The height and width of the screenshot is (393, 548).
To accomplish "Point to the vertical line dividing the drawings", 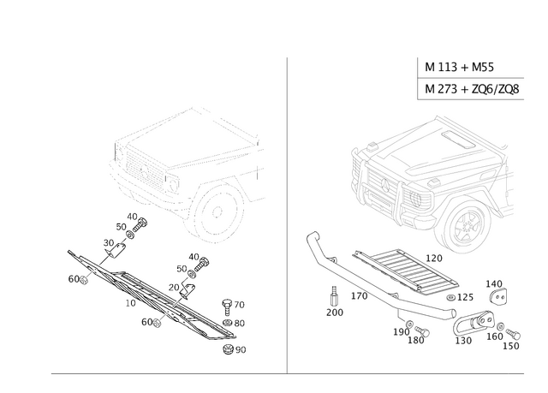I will coord(284,214).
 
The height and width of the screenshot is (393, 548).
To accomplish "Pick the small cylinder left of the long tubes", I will coord(335,299).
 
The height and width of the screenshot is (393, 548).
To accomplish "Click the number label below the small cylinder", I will coord(335,314).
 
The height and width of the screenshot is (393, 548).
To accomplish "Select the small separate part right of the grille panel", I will coord(495,291).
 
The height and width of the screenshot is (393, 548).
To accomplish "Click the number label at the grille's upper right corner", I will coord(434,255).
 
